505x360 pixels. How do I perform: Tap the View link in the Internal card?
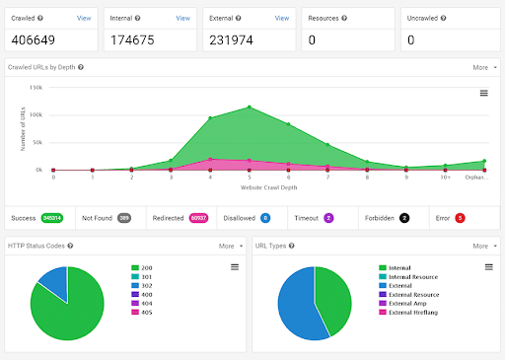(x=182, y=18)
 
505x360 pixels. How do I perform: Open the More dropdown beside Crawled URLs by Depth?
(x=483, y=67)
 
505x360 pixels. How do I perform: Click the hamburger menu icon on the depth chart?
(x=484, y=93)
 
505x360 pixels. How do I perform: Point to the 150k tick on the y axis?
(x=36, y=88)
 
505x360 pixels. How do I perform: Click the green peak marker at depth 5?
(x=250, y=108)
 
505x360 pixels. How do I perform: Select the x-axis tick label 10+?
(x=445, y=178)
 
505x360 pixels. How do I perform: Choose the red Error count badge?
(x=460, y=217)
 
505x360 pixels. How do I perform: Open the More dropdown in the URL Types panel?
(x=483, y=246)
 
